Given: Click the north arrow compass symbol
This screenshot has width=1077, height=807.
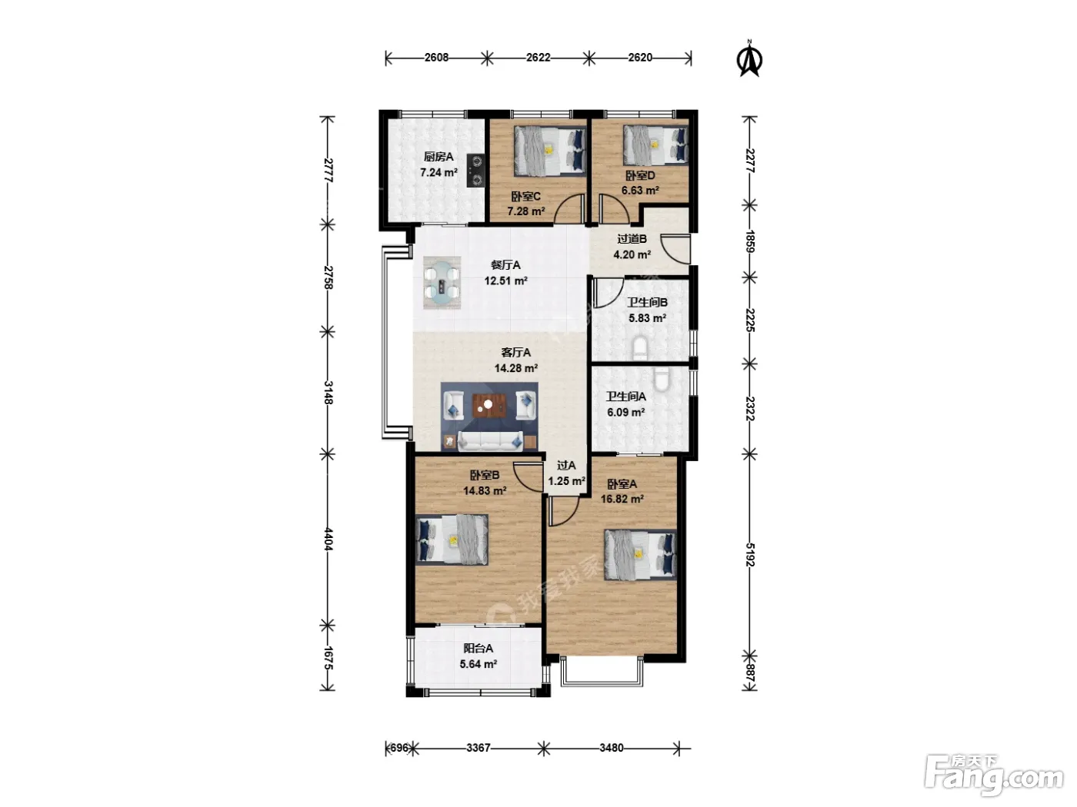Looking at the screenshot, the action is tap(749, 59).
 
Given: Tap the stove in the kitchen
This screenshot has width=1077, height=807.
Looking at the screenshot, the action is tap(475, 171).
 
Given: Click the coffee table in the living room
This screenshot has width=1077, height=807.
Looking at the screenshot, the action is tap(488, 405).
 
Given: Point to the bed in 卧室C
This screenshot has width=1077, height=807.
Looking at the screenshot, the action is tap(550, 151).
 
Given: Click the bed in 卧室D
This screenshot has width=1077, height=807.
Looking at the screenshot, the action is tap(655, 145).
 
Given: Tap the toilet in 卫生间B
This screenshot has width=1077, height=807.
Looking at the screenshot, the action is tap(639, 347).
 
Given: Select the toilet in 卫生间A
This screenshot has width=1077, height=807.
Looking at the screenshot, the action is tap(662, 380).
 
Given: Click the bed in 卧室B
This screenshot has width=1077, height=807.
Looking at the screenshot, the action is tap(452, 540).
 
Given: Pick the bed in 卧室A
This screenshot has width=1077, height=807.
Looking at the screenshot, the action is tap(640, 555).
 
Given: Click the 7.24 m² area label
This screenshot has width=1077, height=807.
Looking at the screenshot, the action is tap(438, 172).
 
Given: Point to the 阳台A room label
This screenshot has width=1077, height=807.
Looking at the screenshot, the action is tap(478, 648).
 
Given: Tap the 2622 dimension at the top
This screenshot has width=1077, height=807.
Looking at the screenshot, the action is tap(538, 58).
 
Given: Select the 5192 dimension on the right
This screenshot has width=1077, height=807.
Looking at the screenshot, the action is tap(750, 555).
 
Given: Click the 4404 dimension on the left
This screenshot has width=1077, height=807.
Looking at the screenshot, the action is tap(328, 540).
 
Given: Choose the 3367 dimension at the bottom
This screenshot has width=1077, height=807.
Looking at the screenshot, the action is tap(478, 748).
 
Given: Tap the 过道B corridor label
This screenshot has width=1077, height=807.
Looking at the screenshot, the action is tap(632, 239).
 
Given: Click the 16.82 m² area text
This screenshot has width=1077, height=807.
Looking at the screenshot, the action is tap(622, 499).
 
